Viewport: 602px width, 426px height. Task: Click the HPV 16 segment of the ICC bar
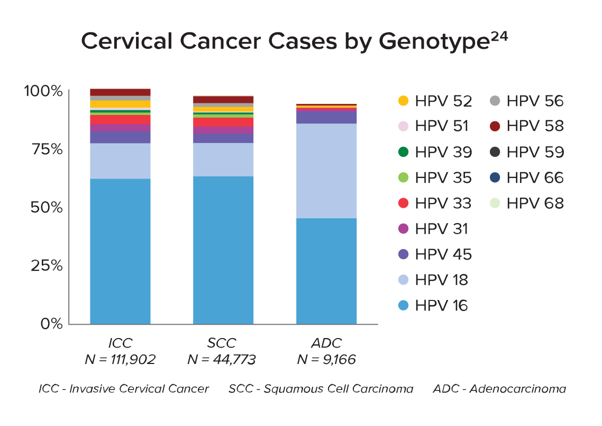pyautogui.click(x=120, y=251)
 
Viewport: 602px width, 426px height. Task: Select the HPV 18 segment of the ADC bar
pyautogui.click(x=326, y=171)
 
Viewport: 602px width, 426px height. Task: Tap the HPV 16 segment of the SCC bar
pyautogui.click(x=223, y=250)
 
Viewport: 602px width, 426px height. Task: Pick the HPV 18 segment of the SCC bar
pyautogui.click(x=223, y=159)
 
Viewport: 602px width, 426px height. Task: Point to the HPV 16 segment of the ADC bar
pyautogui.click(x=326, y=271)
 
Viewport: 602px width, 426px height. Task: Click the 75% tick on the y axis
pyautogui.click(x=43, y=149)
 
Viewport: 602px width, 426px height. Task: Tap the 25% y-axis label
pyautogui.click(x=43, y=265)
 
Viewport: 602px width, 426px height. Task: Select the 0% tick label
pyautogui.click(x=51, y=323)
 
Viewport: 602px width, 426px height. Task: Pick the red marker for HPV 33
pyautogui.click(x=403, y=203)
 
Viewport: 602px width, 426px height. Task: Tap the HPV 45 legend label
pyautogui.click(x=443, y=254)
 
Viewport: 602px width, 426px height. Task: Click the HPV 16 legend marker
pyautogui.click(x=403, y=306)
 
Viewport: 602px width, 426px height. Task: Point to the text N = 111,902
pyautogui.click(x=120, y=360)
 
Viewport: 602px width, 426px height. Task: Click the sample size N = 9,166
pyautogui.click(x=326, y=360)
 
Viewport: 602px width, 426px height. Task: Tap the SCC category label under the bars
pyautogui.click(x=222, y=343)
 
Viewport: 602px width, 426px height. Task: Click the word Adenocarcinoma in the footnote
pyautogui.click(x=517, y=389)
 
